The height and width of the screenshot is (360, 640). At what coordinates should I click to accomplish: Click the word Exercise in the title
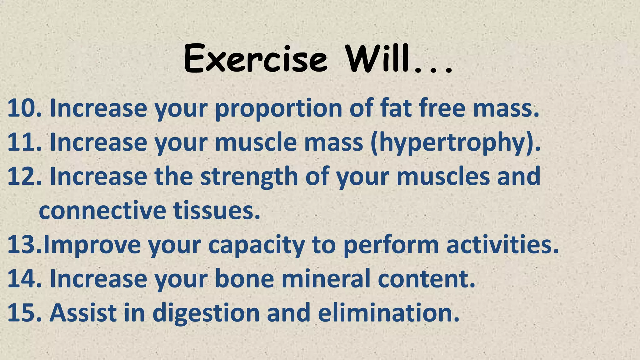pos(256,58)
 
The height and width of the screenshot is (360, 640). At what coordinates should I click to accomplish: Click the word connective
pos(102,211)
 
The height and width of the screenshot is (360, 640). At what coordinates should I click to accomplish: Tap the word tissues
pos(217,211)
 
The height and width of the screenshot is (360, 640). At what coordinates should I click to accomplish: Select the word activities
pos(502,245)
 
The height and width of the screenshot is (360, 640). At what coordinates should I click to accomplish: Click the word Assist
pos(83,312)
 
